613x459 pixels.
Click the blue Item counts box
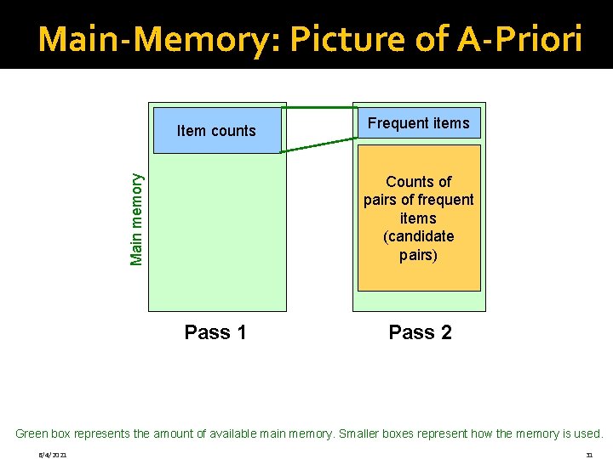point(216,130)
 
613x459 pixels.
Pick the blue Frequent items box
point(418,123)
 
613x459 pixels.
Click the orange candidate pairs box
point(418,218)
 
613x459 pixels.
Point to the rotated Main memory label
point(136,218)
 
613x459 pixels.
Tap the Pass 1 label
point(215,332)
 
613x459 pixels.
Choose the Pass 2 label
point(420,332)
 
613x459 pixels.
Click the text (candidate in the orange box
point(418,236)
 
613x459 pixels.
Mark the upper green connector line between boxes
point(319,108)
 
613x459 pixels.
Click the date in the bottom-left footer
point(53,455)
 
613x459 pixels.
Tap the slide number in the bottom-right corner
point(589,455)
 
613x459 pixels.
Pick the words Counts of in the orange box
point(418,182)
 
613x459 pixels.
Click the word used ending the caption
point(587,433)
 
